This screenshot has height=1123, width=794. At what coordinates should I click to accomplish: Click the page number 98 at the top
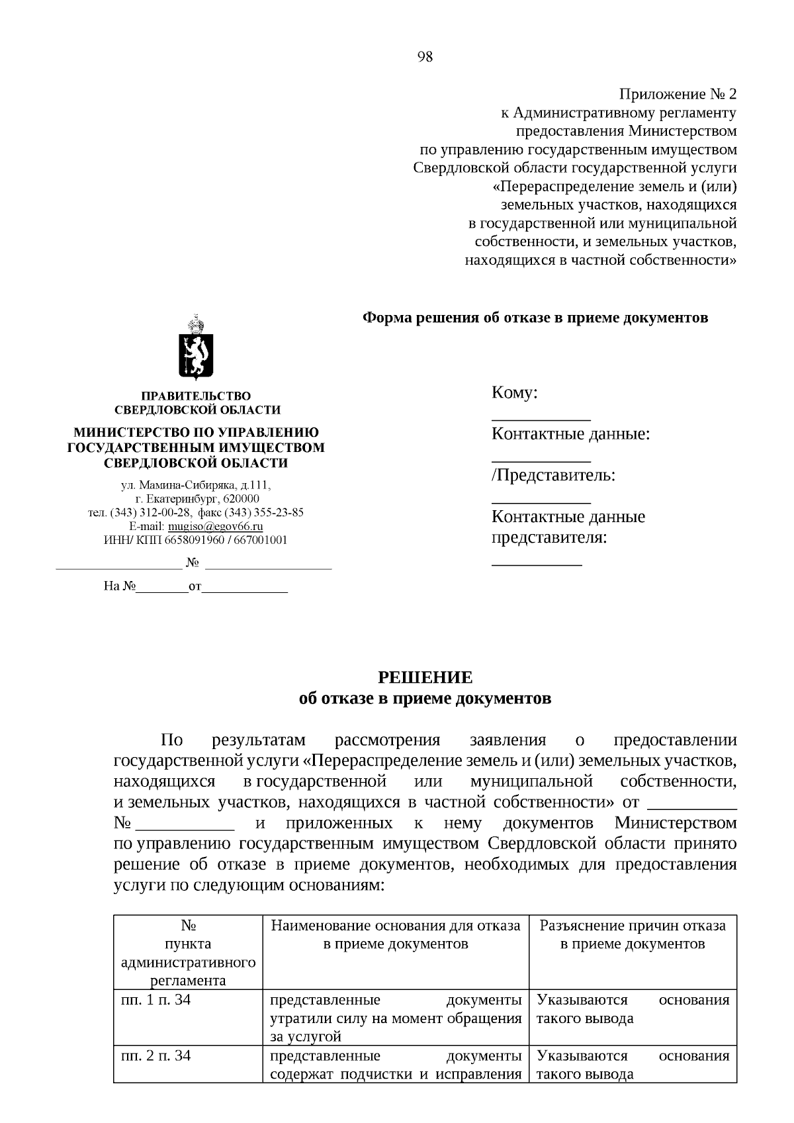click(425, 57)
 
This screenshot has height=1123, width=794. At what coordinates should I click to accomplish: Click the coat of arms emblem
click(196, 348)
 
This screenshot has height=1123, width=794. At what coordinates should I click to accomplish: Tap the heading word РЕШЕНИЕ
click(425, 678)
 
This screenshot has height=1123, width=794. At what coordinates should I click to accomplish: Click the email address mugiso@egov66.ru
click(216, 527)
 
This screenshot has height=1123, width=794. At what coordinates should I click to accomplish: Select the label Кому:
click(514, 393)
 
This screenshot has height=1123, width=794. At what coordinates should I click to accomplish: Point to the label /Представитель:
click(553, 475)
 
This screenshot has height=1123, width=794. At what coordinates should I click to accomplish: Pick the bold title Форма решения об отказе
click(535, 318)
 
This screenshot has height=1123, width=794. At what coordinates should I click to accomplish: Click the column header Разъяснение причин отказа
click(633, 925)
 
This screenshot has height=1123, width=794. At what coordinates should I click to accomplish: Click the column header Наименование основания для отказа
click(396, 925)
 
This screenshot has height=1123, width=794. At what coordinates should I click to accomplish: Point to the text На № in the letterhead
click(120, 586)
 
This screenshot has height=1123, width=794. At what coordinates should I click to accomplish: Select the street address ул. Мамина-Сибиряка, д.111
click(197, 485)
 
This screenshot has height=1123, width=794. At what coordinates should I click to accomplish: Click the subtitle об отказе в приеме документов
click(425, 699)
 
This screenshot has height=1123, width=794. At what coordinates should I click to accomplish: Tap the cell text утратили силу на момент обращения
click(396, 1018)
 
